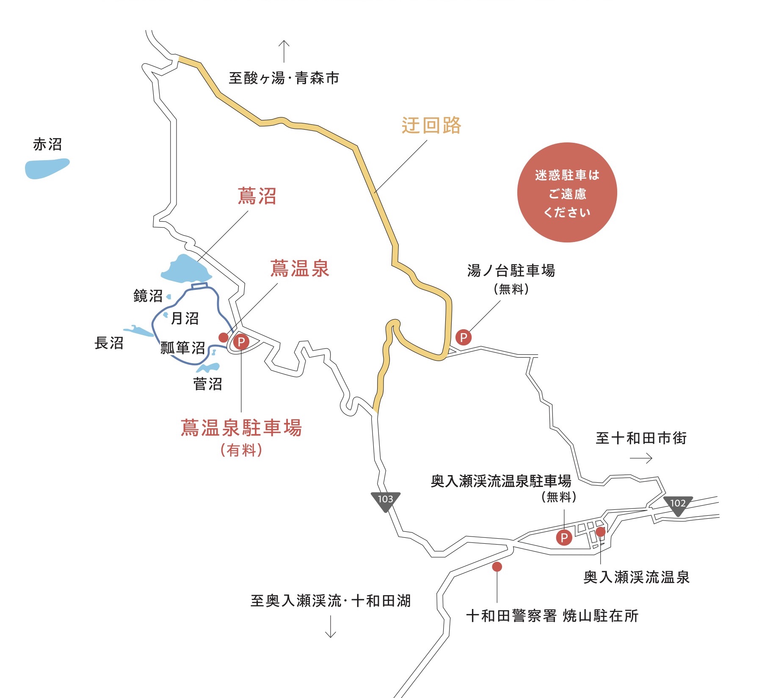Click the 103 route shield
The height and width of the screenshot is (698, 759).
385,501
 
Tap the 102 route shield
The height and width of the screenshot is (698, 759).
678,504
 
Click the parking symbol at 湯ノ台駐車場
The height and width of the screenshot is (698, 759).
464,337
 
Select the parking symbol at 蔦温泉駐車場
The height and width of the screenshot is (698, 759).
241,342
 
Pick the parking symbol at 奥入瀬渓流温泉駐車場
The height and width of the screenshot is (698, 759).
564,538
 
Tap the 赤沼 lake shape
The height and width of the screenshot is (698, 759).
46,168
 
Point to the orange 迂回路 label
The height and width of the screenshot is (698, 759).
431,125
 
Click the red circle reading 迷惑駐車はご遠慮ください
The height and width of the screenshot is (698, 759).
567,193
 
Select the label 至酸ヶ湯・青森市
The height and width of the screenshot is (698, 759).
284,78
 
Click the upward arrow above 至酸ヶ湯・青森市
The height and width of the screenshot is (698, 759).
284,51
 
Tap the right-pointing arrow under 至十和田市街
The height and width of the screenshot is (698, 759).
641,458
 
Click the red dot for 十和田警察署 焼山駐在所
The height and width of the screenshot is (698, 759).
497,567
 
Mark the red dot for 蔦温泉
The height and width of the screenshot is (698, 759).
223,337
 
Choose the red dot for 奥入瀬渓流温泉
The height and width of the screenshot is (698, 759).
600,532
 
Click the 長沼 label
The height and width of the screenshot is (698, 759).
109,343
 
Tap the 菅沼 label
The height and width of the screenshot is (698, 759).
207,384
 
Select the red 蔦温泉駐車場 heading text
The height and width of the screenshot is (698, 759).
241,428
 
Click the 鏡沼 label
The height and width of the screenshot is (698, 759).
148,295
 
